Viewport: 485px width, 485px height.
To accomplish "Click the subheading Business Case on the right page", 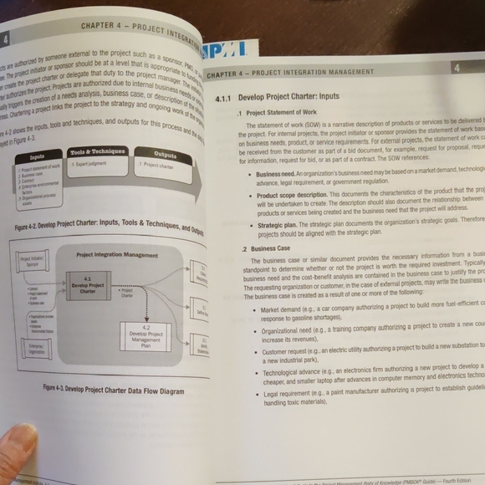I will click(272, 248).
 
